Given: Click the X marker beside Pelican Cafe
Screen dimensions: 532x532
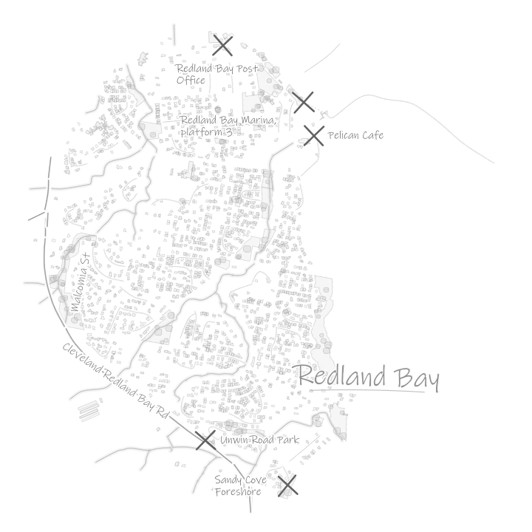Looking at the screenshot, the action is pos(314,136).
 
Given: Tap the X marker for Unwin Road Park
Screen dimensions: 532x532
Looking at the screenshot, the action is pos(205,440).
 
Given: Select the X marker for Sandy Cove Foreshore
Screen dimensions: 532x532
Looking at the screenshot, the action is pos(287,485).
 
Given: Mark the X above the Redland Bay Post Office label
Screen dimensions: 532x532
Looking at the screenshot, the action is pos(222,46).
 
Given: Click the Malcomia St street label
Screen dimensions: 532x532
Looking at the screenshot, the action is pos(81,282).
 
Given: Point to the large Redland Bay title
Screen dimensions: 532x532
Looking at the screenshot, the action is pos(369,378).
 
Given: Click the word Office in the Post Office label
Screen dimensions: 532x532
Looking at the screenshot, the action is pos(191,81).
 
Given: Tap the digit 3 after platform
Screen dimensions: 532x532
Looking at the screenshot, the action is pos(229,132).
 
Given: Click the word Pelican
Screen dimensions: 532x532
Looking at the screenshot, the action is pos(343,135).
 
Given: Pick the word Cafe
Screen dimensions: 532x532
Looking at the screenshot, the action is pos(372,135).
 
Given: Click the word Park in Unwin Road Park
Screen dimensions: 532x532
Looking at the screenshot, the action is pos(288,440).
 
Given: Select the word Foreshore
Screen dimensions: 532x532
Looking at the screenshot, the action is pos(238,491).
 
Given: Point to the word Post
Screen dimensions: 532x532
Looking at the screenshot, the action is pos(247,69).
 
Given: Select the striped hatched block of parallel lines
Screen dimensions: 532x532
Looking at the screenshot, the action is pos(89,411).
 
